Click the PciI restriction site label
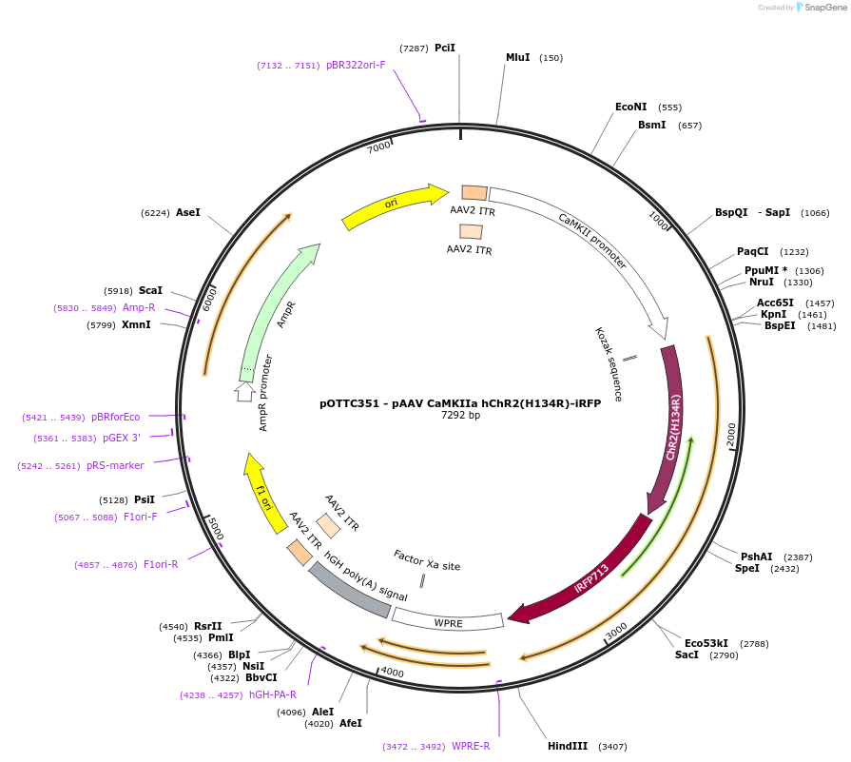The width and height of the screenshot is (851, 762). point(445,48)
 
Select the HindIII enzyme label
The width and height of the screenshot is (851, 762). point(568,746)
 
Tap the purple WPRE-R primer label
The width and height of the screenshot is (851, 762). point(471,746)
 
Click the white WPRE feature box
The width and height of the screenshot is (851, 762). point(448,620)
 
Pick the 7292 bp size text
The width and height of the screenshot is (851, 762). point(460,416)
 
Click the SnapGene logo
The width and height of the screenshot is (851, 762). point(821,8)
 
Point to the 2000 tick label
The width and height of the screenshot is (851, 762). point(729,436)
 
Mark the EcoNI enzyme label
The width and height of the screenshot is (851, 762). point(630,107)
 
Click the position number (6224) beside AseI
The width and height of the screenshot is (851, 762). point(155,213)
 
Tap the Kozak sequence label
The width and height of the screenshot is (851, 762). point(609,363)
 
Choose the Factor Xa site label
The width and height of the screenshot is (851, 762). point(427,559)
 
